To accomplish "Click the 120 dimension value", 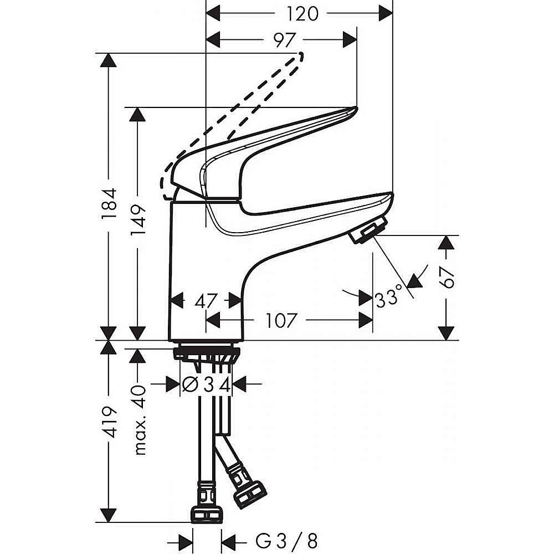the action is (302, 14).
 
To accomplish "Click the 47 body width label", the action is (206, 301).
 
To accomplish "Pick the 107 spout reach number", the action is (280, 320).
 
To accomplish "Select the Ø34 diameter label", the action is (206, 384).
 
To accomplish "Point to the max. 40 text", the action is (139, 420).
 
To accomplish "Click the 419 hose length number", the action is (109, 422).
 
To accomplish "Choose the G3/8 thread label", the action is (286, 541).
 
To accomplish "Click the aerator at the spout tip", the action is (368, 230).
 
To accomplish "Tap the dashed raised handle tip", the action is (300, 57).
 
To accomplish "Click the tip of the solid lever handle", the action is (354, 110).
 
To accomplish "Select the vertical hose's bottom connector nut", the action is (207, 515).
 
